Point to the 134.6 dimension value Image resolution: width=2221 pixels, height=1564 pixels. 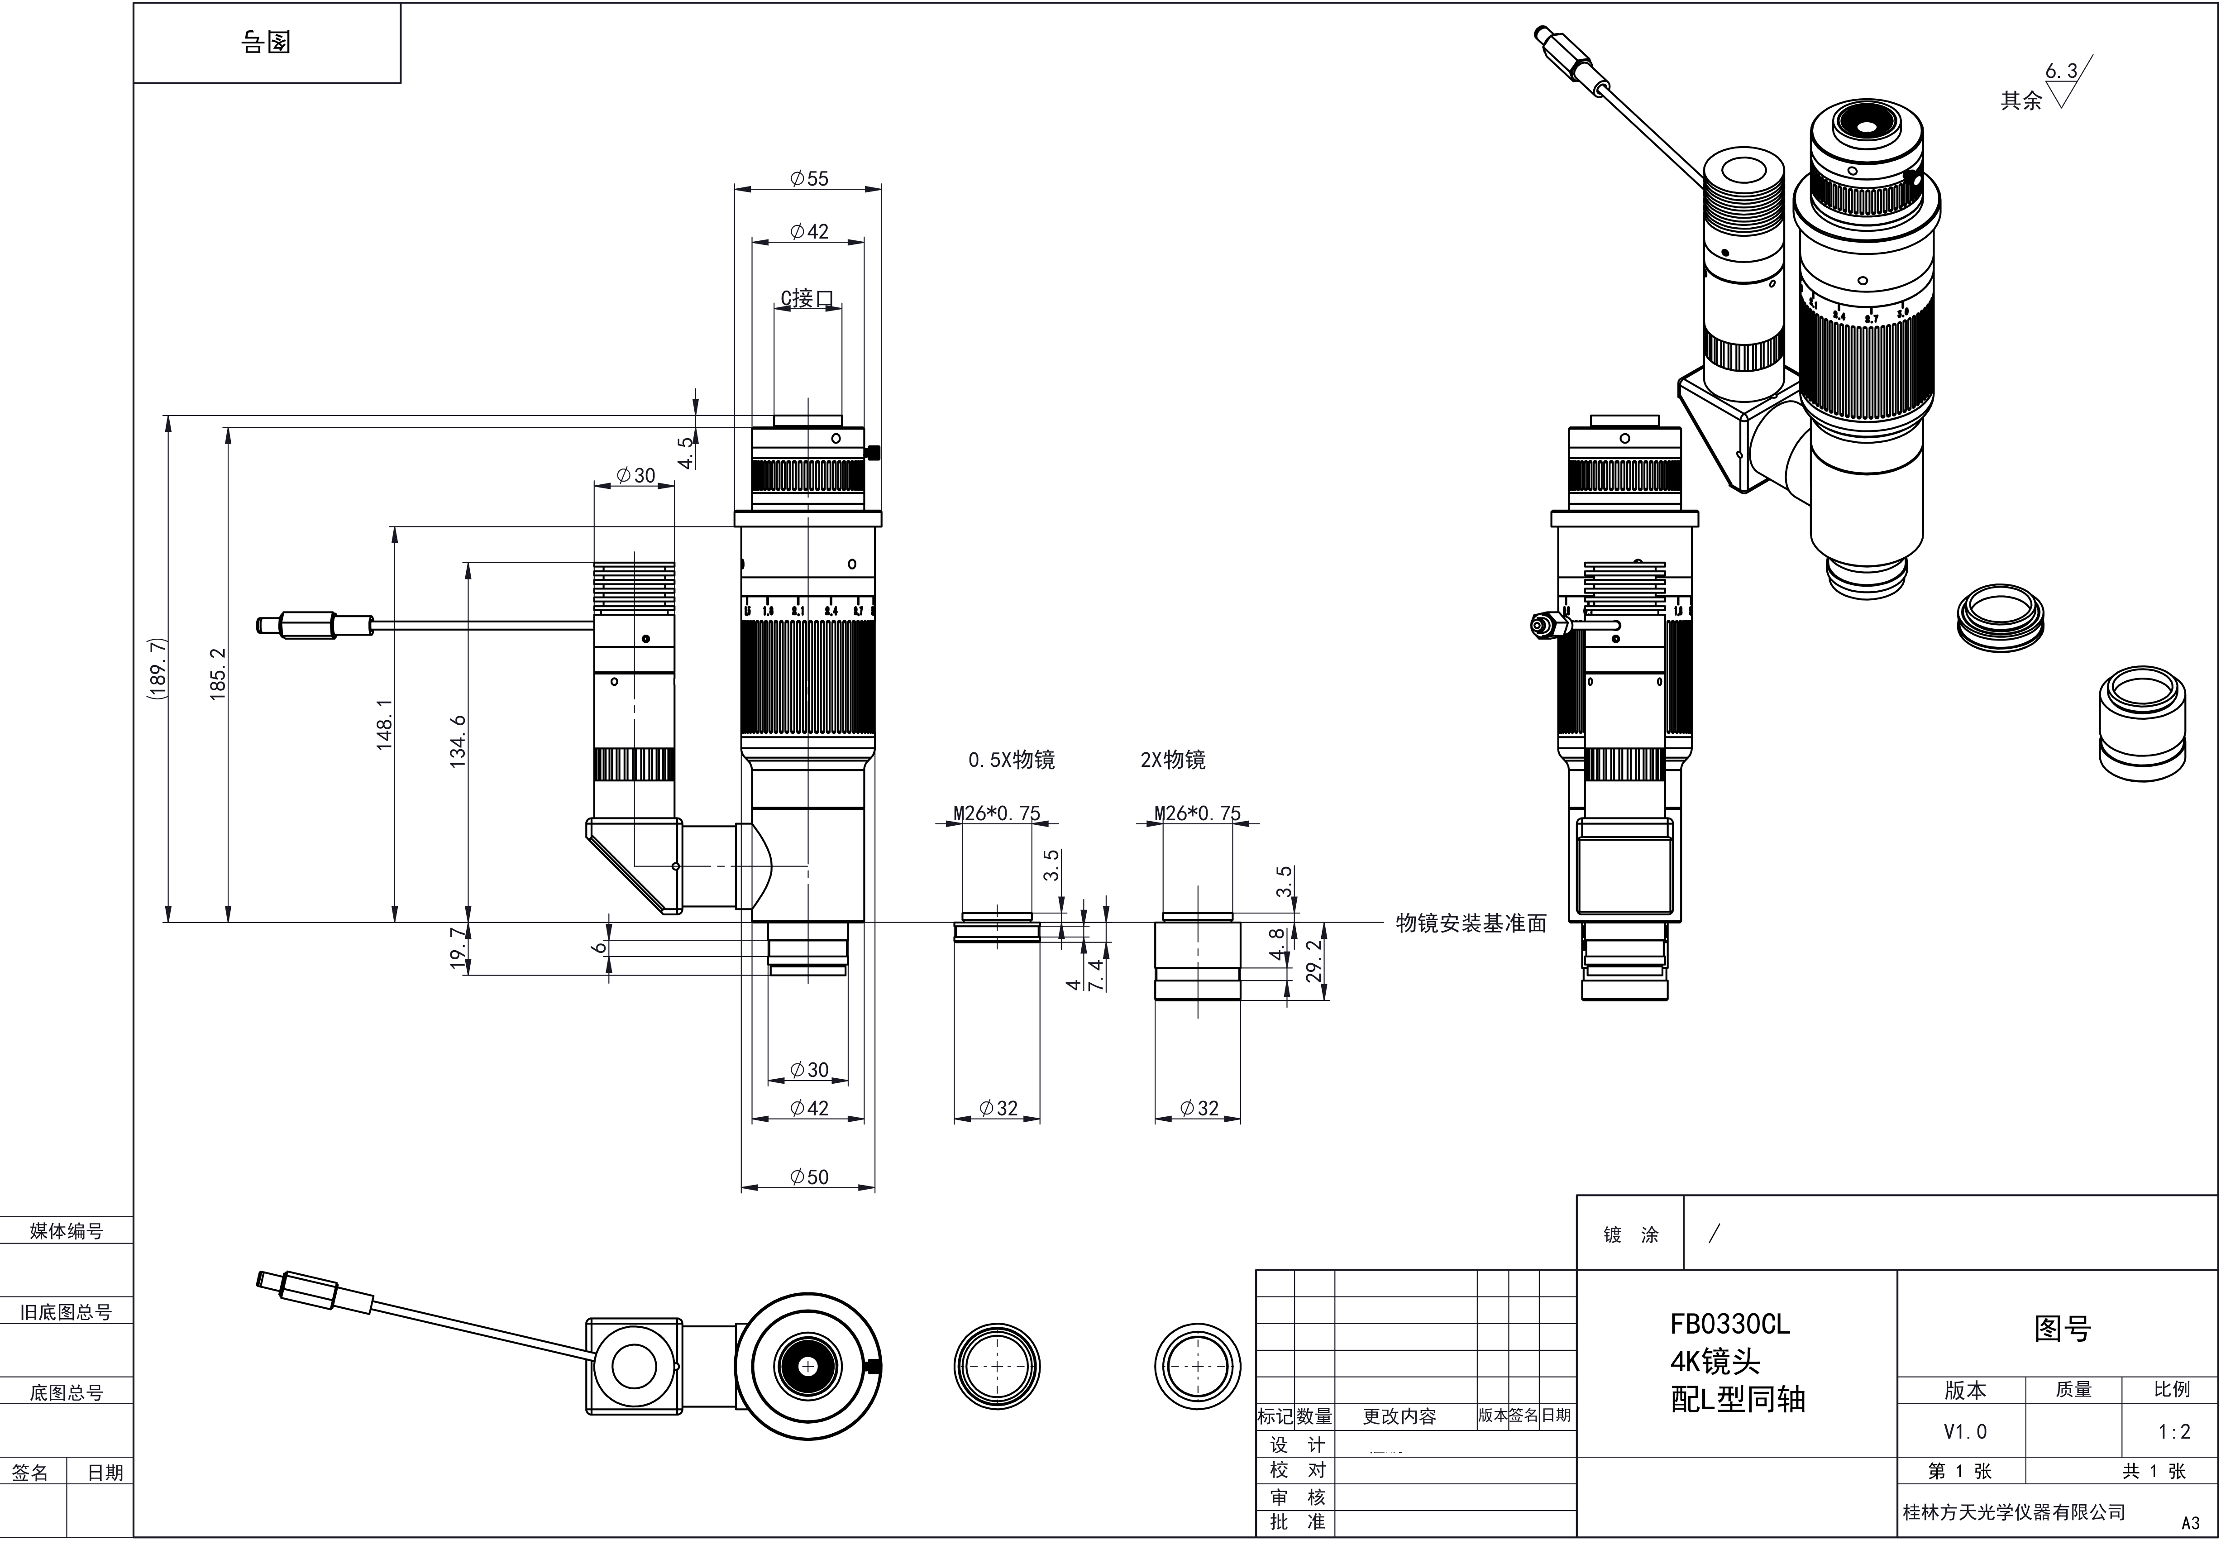(458, 741)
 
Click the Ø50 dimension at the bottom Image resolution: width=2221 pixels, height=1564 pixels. (809, 1177)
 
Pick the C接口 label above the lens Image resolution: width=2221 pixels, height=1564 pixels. (807, 298)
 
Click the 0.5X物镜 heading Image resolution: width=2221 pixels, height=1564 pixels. (1011, 760)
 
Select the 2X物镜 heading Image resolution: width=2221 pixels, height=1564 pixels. (1172, 760)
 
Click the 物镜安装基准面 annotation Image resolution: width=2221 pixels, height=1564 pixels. (1471, 924)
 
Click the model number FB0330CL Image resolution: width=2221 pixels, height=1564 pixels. (1729, 1324)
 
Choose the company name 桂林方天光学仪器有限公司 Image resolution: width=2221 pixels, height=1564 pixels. (2014, 1512)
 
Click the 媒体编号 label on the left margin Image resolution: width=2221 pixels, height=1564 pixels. (66, 1231)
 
